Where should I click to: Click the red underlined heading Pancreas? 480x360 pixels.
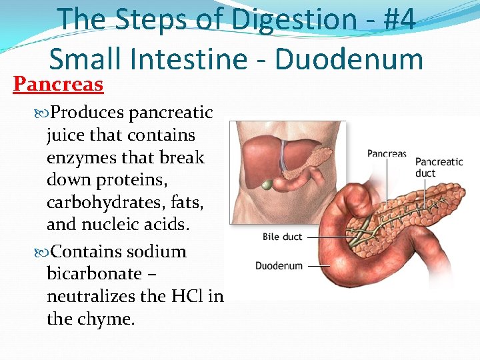pyautogui.click(x=59, y=85)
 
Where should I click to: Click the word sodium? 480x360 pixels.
pyautogui.click(x=157, y=251)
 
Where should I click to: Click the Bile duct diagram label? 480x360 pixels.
pyautogui.click(x=283, y=237)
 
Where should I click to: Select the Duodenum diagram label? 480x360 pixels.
pyautogui.click(x=279, y=265)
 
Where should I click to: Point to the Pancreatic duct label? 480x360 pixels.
pyautogui.click(x=439, y=167)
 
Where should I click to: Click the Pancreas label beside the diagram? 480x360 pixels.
pyautogui.click(x=387, y=154)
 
